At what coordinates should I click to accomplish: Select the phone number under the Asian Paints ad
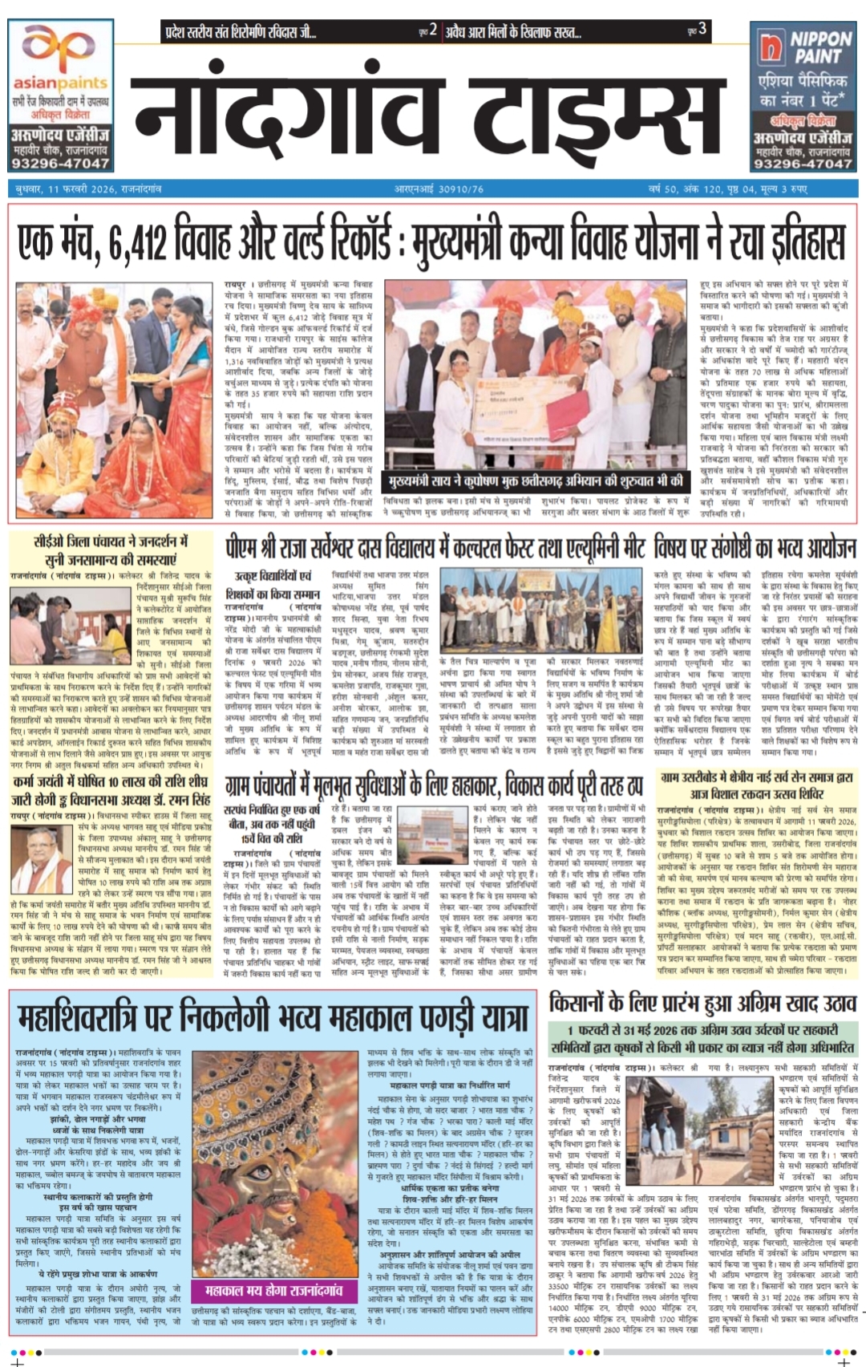[60, 163]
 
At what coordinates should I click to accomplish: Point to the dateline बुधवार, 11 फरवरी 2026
[88, 189]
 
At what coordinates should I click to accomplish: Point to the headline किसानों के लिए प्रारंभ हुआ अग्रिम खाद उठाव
[702, 1003]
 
